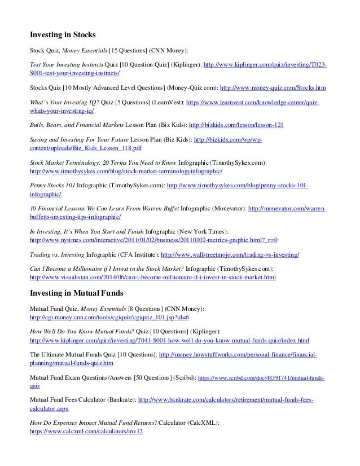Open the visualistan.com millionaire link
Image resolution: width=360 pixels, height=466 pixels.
[152, 278]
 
